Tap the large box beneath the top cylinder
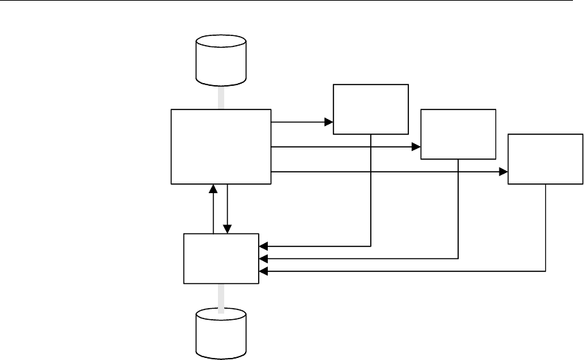click(x=221, y=146)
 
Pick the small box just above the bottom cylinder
click(x=221, y=258)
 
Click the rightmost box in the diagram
click(x=545, y=159)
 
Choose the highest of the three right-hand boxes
click(x=371, y=109)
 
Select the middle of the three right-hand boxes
click(x=458, y=134)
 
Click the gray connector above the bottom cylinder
click(x=221, y=297)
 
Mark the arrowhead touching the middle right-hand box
click(x=417, y=147)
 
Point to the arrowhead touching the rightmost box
click(x=503, y=171)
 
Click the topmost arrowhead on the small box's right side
click(x=263, y=246)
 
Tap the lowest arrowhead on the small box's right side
click(x=263, y=271)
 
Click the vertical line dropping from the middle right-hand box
click(x=459, y=208)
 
